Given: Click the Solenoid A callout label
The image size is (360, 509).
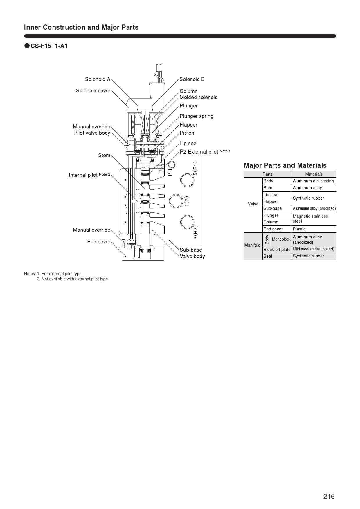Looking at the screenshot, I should [x=98, y=79].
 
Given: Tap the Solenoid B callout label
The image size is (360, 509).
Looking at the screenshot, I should [x=192, y=79].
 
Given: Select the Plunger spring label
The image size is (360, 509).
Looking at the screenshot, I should [x=196, y=116].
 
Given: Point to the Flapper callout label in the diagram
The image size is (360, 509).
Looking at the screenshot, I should [x=188, y=125].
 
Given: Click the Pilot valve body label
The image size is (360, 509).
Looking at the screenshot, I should [x=92, y=133].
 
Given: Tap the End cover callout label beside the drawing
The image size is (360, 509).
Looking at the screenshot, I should [x=99, y=242].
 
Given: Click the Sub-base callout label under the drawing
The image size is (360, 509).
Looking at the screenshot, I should [x=191, y=250].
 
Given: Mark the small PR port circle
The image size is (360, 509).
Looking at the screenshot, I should [x=172, y=165].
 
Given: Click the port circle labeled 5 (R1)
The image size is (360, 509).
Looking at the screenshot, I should [x=187, y=180].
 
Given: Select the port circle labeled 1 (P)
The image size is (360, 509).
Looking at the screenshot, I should [x=176, y=201].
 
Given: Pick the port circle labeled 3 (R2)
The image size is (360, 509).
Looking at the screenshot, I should [x=187, y=222].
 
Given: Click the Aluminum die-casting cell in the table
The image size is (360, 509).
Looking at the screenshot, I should [x=313, y=181].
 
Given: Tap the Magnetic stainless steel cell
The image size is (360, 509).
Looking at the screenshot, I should [x=310, y=219].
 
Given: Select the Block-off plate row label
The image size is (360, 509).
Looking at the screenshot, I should [x=277, y=250].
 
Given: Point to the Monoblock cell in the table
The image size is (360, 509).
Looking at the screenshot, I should [x=281, y=239].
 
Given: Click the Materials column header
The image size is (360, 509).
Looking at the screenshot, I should [x=314, y=174].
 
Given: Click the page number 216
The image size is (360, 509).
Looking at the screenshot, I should [x=329, y=497].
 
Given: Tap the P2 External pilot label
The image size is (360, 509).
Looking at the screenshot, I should [x=205, y=152].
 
